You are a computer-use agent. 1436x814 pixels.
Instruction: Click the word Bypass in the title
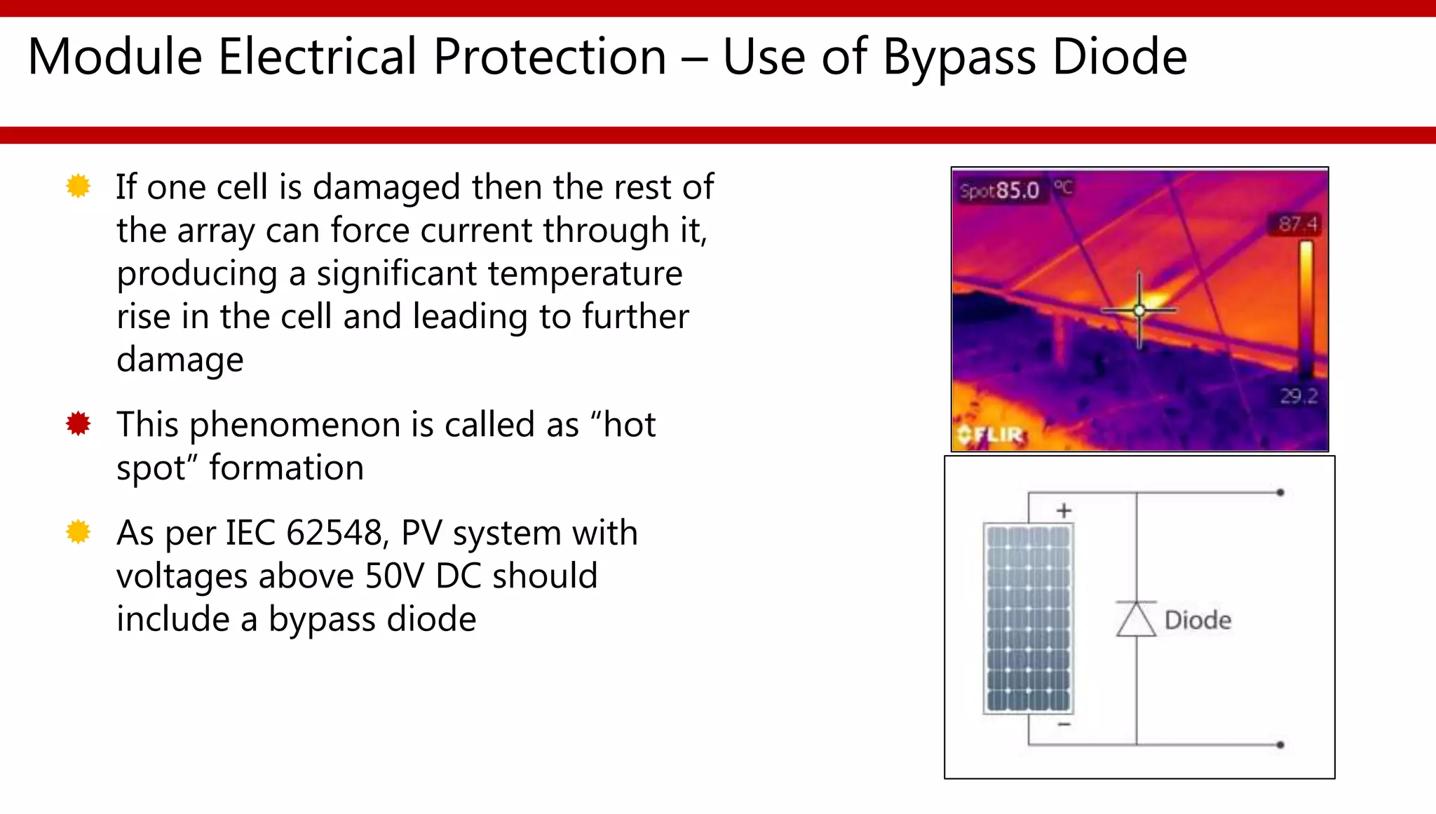[959, 58]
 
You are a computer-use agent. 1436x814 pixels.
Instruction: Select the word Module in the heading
[115, 57]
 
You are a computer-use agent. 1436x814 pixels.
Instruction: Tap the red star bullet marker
[78, 423]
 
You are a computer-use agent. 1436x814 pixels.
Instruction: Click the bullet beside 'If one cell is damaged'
[78, 186]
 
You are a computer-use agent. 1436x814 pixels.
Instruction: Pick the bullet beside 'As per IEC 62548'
[78, 532]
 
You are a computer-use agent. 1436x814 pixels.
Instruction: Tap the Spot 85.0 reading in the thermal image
[1001, 191]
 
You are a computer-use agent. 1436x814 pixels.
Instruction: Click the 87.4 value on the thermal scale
[1296, 224]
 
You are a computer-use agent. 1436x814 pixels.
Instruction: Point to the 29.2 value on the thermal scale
[1299, 396]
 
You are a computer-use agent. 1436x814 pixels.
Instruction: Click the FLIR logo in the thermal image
[991, 435]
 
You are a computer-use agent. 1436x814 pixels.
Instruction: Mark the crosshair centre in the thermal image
[1139, 310]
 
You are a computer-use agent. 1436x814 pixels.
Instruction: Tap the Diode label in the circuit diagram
[1198, 620]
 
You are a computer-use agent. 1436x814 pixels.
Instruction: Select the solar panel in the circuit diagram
[1028, 618]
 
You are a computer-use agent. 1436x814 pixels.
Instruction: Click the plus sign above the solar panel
[1064, 510]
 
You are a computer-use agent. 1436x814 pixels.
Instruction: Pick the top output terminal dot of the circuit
[1280, 493]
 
